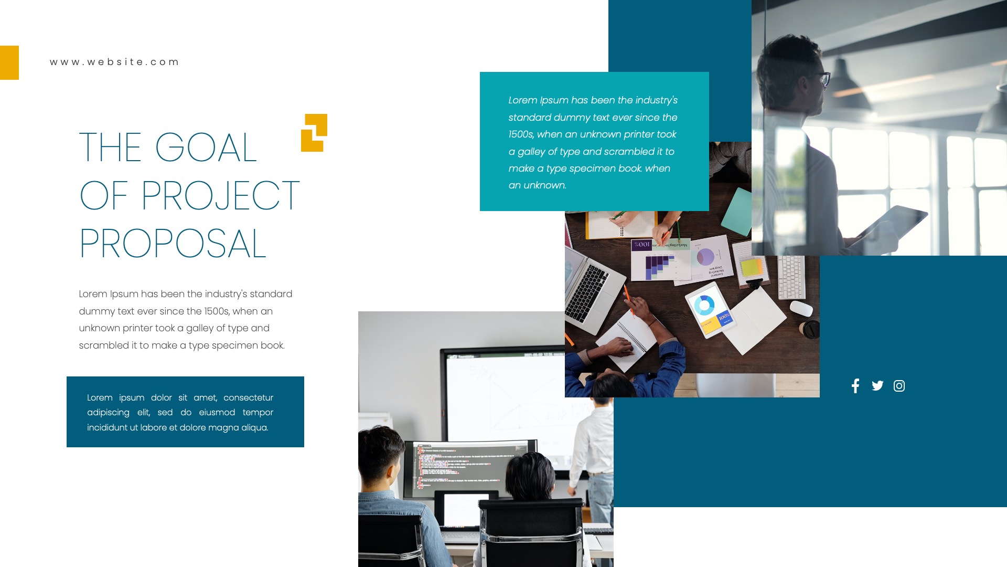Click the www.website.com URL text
(114, 62)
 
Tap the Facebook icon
(855, 386)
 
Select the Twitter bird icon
(877, 386)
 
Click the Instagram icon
(899, 386)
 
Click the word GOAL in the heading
(206, 148)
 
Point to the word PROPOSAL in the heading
(173, 244)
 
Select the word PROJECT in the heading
(220, 196)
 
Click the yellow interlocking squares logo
(314, 133)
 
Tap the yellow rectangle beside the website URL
(9, 62)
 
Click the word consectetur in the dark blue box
(248, 398)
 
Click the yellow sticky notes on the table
(752, 267)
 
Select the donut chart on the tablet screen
(704, 305)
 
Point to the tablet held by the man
(892, 223)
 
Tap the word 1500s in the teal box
(521, 134)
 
